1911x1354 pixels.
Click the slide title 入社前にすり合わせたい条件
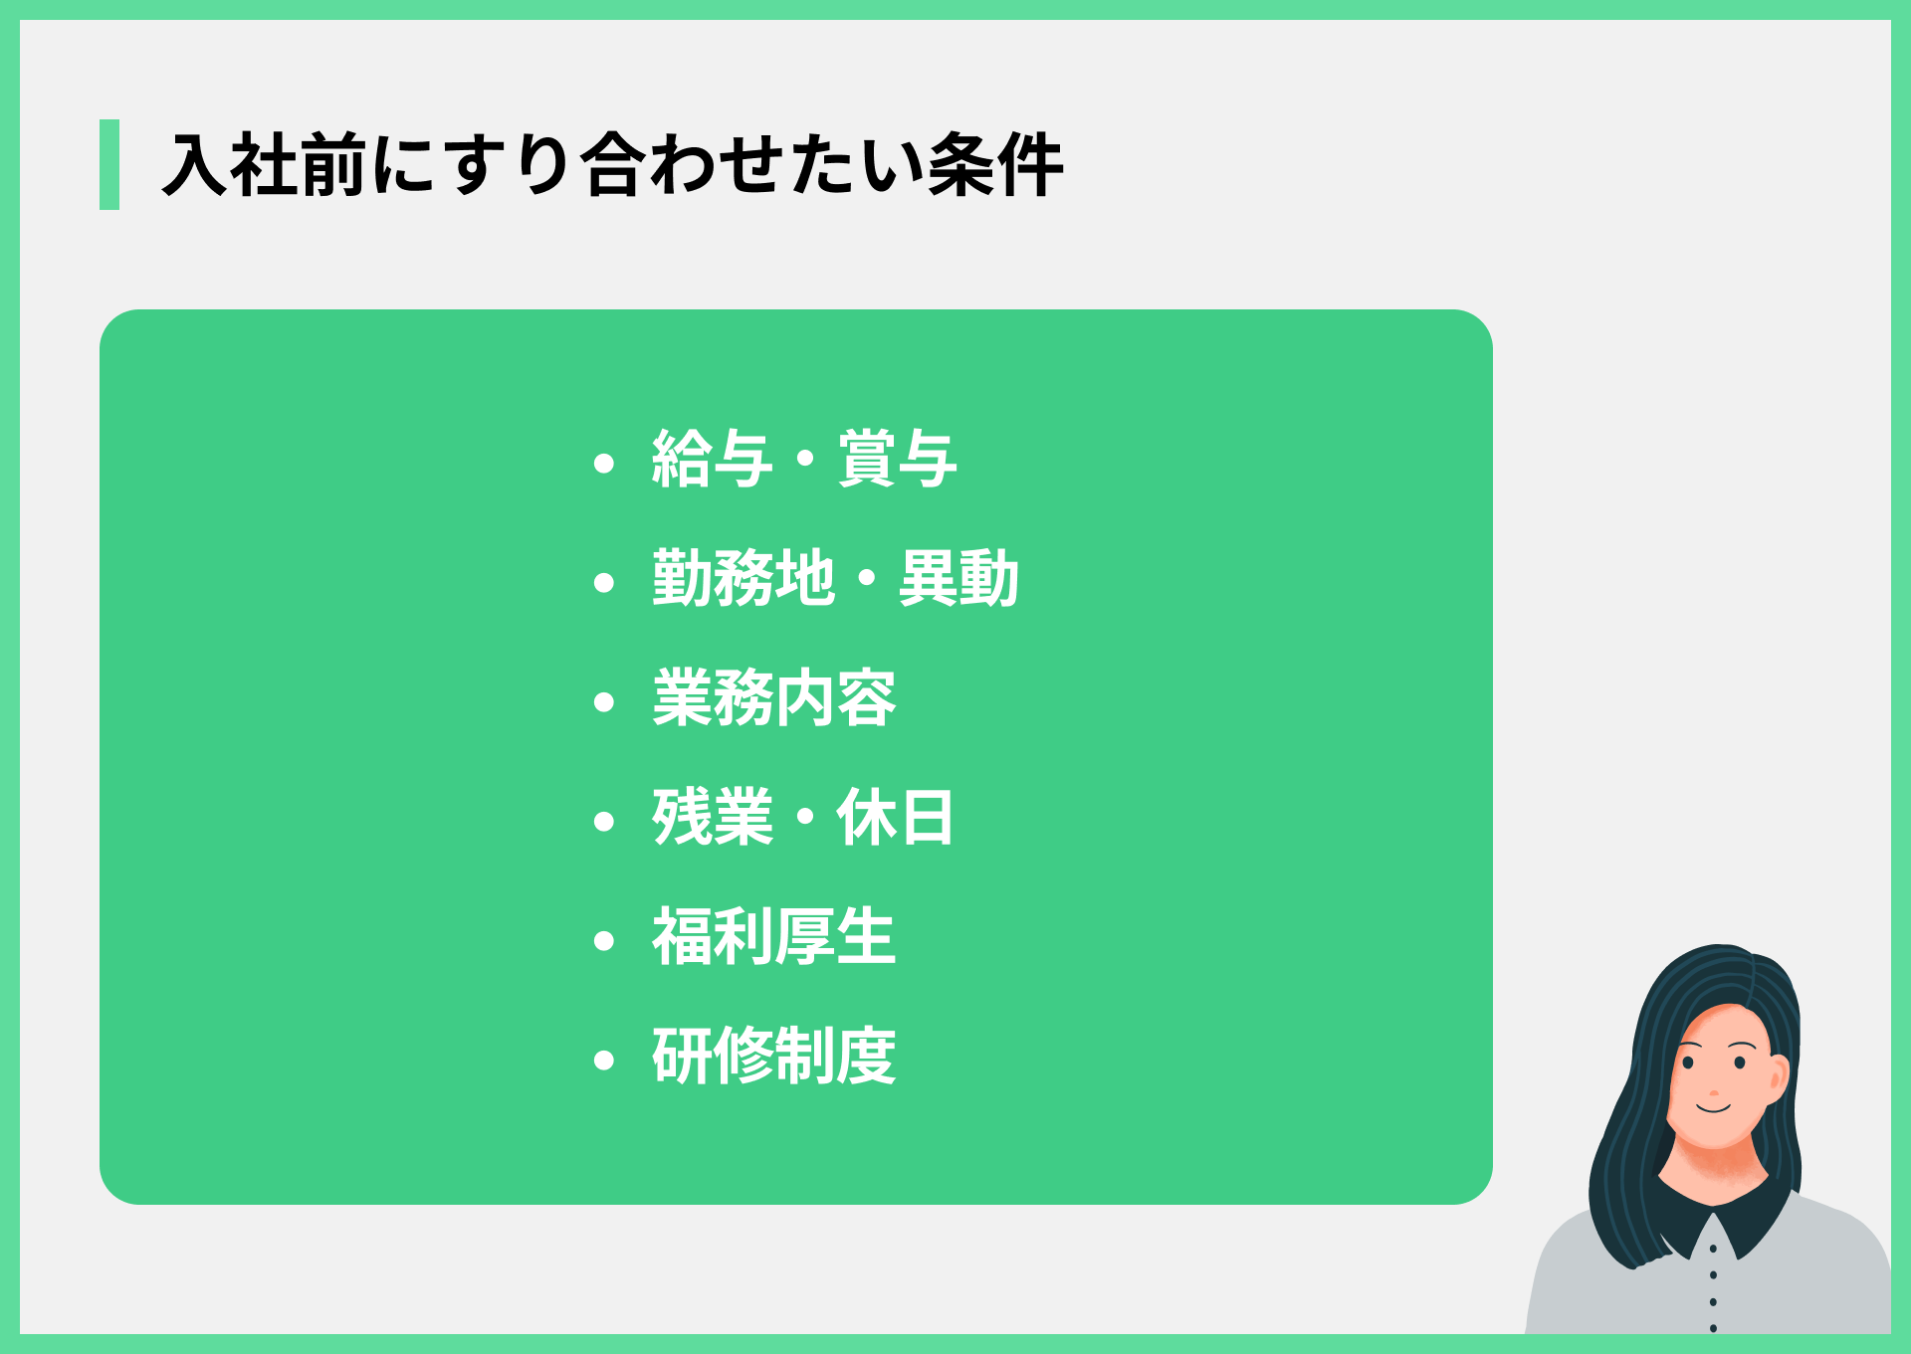612,165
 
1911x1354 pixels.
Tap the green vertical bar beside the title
109,165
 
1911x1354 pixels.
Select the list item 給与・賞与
804,460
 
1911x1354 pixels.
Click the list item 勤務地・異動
835,579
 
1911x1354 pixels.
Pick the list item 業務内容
773,698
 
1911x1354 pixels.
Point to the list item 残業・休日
802,818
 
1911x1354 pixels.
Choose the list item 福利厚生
773,937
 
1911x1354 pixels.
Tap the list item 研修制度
773,1057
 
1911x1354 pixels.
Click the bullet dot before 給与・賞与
603,464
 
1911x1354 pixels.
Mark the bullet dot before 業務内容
603,702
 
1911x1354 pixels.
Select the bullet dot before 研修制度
603,1061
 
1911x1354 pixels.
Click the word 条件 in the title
995,165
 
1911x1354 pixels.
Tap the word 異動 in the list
958,579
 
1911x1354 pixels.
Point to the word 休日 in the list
895,818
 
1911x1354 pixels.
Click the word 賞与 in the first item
898,460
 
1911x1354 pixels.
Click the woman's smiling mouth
1714,1107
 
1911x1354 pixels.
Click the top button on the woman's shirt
1713,1249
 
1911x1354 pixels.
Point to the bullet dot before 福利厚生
603,941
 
